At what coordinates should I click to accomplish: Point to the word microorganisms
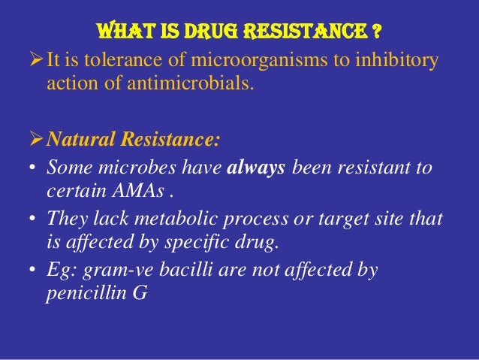242,60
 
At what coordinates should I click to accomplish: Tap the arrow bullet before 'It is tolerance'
36,60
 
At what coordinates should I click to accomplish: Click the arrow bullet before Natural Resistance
36,141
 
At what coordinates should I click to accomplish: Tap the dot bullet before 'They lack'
34,218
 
